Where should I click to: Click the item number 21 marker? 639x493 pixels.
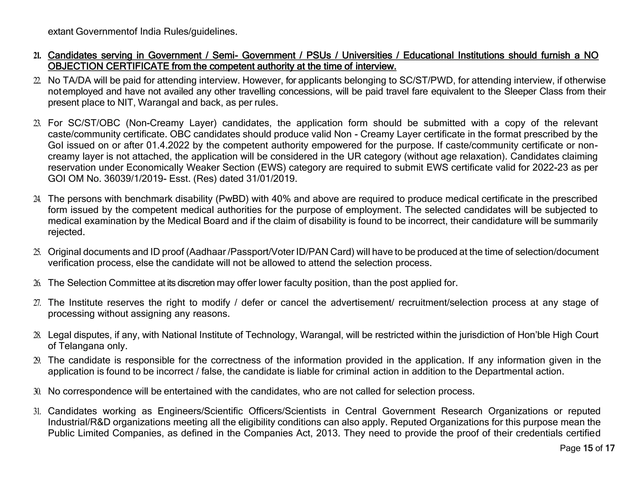[37, 56]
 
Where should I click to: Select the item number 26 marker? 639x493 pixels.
[37, 283]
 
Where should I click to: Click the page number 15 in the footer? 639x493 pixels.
[588, 448]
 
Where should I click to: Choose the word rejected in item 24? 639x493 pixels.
[66, 232]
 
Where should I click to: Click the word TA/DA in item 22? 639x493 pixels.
[77, 81]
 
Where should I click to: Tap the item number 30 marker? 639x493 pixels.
[37, 391]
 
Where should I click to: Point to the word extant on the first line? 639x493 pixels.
[61, 32]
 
